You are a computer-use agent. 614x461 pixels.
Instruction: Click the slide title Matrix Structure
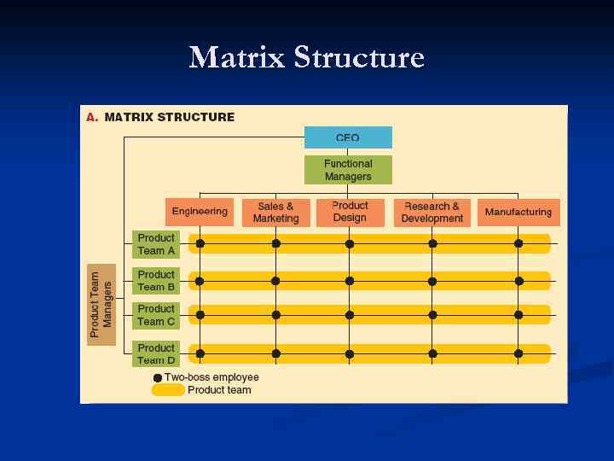click(x=306, y=58)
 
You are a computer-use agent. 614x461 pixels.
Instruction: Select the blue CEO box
click(x=348, y=137)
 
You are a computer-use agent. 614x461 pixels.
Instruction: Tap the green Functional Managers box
click(x=348, y=170)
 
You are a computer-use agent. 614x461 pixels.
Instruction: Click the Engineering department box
click(x=200, y=212)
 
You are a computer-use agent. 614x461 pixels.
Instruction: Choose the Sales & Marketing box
click(x=275, y=213)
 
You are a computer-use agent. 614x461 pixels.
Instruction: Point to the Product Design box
click(x=350, y=212)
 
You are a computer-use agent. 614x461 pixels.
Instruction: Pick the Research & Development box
click(x=432, y=213)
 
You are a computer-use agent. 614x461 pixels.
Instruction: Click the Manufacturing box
click(x=518, y=213)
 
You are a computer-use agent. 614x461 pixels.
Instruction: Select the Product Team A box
click(x=156, y=244)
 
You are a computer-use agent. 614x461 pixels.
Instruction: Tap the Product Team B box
click(x=156, y=281)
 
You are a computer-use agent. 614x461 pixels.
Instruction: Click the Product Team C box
click(x=156, y=315)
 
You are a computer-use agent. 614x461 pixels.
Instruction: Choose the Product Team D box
click(x=156, y=353)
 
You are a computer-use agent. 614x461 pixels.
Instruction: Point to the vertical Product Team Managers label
click(x=101, y=304)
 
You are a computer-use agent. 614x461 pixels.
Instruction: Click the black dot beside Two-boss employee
click(x=158, y=377)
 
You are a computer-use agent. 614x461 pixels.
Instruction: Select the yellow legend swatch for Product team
click(x=168, y=390)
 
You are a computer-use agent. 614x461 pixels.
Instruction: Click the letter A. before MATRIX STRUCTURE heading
click(x=91, y=117)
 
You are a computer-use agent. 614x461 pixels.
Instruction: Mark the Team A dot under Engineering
click(x=200, y=243)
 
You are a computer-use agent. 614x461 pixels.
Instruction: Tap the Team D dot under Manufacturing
click(x=518, y=353)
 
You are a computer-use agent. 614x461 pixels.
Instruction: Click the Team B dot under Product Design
click(x=350, y=281)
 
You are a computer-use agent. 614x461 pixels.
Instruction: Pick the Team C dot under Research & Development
click(x=432, y=315)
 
